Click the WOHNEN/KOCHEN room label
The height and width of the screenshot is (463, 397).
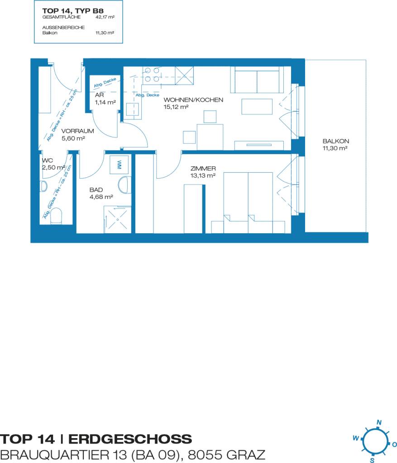pyautogui.click(x=193, y=100)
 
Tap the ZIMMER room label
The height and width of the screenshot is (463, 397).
pyautogui.click(x=203, y=168)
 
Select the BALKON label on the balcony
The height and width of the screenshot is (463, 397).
pyautogui.click(x=336, y=141)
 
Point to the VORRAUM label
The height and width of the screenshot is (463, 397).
pyautogui.click(x=77, y=131)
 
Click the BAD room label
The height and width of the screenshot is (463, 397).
pyautogui.click(x=96, y=189)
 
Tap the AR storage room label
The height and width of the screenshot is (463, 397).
pyautogui.click(x=99, y=95)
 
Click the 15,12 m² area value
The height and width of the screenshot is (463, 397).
pyautogui.click(x=176, y=107)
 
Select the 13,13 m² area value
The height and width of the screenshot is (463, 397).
pyautogui.click(x=203, y=175)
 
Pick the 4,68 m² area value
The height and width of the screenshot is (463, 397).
pyautogui.click(x=101, y=197)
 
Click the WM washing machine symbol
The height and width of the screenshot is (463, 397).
pyautogui.click(x=120, y=165)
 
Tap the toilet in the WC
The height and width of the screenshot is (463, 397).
pyautogui.click(x=56, y=216)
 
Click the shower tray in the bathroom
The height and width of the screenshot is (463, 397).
pyautogui.click(x=117, y=219)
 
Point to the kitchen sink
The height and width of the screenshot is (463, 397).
pyautogui.click(x=133, y=109)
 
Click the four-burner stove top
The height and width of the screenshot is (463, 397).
pyautogui.click(x=152, y=75)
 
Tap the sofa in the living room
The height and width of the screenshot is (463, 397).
pyautogui.click(x=257, y=80)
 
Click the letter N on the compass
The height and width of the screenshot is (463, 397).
pyautogui.click(x=379, y=423)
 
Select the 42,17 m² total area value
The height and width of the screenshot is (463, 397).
pyautogui.click(x=105, y=17)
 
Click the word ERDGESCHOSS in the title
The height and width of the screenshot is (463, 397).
pyautogui.click(x=130, y=439)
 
